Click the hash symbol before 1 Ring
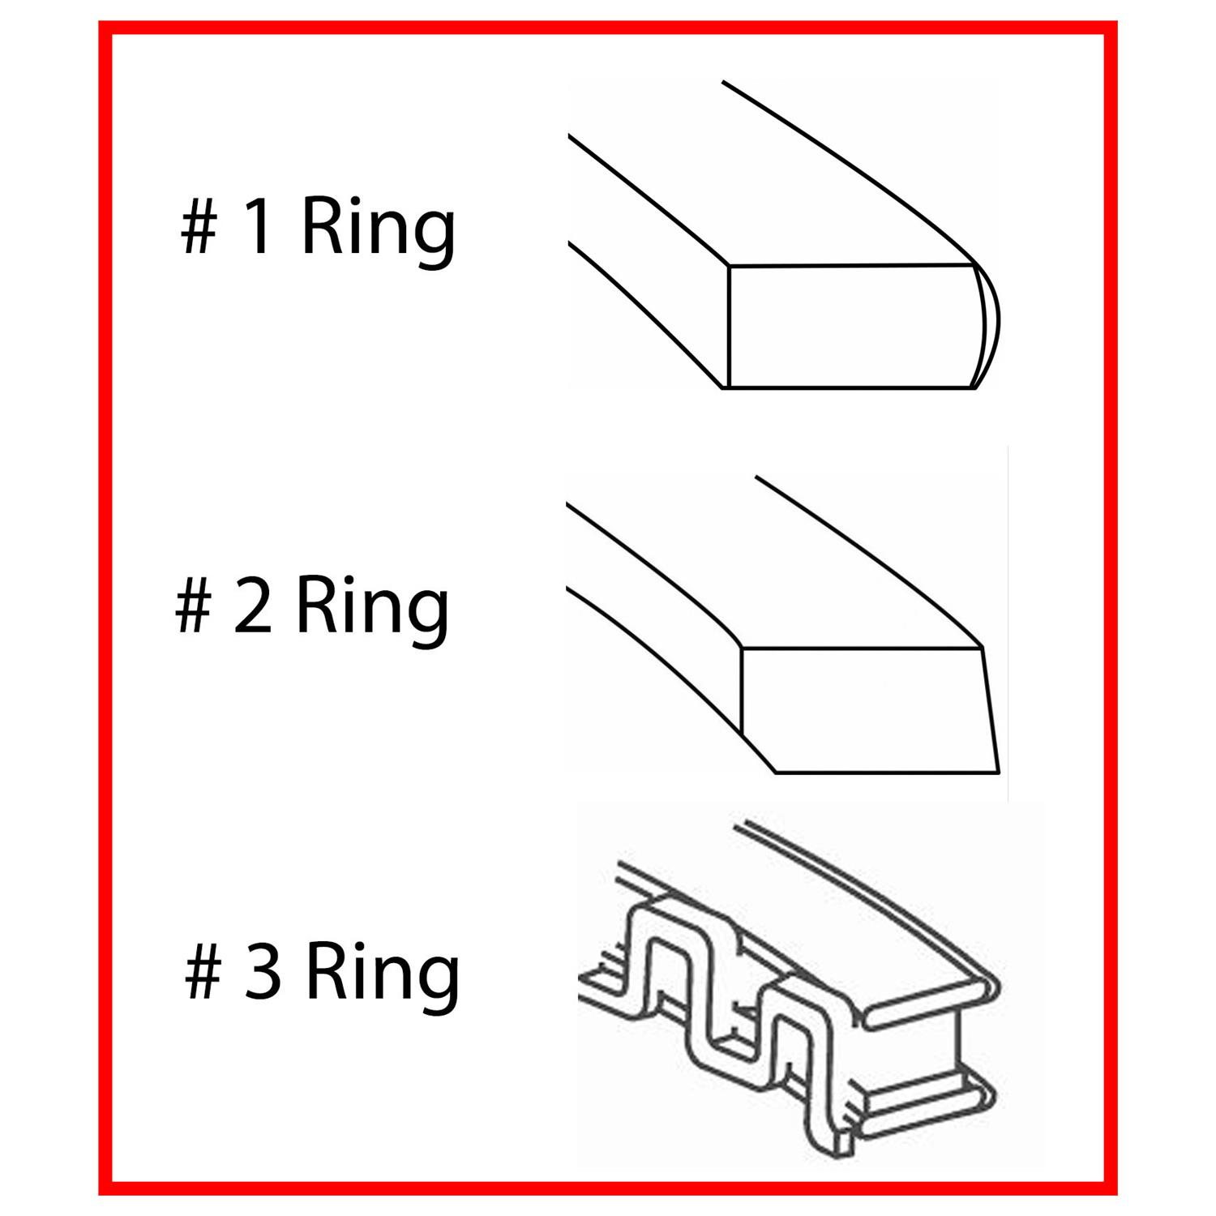click(198, 230)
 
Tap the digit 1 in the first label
click(257, 229)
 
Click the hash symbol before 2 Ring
click(193, 610)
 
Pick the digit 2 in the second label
click(254, 608)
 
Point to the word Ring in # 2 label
click(372, 614)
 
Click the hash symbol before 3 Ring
click(203, 975)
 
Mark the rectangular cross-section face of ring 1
click(851, 326)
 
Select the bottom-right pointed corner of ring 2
click(999, 772)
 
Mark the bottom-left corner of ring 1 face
click(728, 387)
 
